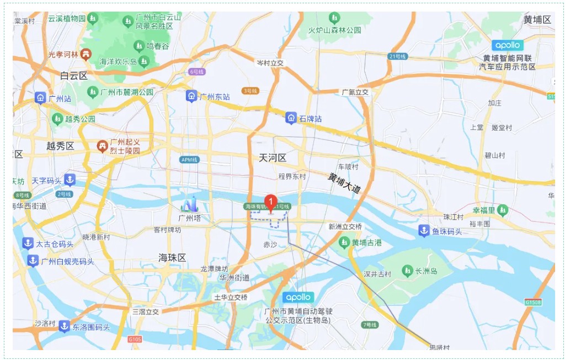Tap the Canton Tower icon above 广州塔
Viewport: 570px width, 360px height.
pyautogui.click(x=190, y=205)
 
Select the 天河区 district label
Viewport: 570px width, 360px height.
pyautogui.click(x=273, y=158)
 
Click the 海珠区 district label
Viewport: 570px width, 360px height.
pyautogui.click(x=172, y=258)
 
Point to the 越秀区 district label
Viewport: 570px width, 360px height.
pyautogui.click(x=60, y=146)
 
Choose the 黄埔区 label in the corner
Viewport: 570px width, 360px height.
pyautogui.click(x=537, y=20)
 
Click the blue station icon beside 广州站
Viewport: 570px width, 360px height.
pyautogui.click(x=40, y=98)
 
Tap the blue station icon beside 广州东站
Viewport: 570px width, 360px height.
pyautogui.click(x=191, y=96)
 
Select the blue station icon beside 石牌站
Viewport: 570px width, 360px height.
pyautogui.click(x=291, y=118)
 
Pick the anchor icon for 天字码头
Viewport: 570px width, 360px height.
pyautogui.click(x=70, y=180)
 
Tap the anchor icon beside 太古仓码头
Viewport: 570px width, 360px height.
pyautogui.click(x=28, y=243)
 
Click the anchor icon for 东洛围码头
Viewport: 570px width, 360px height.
pyautogui.click(x=64, y=327)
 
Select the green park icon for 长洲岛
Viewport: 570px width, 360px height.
pyautogui.click(x=407, y=271)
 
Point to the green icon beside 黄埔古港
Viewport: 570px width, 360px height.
pyautogui.click(x=344, y=242)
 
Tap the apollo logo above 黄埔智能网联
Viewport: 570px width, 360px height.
pyautogui.click(x=507, y=45)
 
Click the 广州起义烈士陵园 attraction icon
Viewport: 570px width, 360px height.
pyautogui.click(x=102, y=146)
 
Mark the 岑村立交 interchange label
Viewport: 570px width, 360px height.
pyautogui.click(x=270, y=63)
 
